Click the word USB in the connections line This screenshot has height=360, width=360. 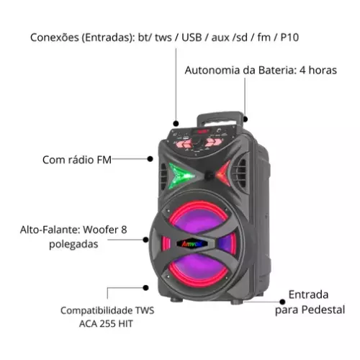192,37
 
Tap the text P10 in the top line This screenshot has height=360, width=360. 289,37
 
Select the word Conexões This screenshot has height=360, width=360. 55,37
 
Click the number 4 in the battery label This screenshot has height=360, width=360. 302,71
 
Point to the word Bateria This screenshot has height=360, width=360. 276,71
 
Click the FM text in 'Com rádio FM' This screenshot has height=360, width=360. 104,160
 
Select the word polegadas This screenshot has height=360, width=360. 73,244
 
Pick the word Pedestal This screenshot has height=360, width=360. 323,310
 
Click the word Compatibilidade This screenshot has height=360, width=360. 97,310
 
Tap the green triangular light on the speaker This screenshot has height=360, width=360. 181,175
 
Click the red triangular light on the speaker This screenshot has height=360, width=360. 223,174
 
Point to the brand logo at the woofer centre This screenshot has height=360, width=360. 192,244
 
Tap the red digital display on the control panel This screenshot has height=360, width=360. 201,131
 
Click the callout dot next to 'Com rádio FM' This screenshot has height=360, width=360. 150,158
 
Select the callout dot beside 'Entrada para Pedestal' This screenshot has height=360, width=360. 282,302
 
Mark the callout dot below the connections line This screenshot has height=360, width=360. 176,124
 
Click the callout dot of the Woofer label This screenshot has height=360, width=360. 145,240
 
